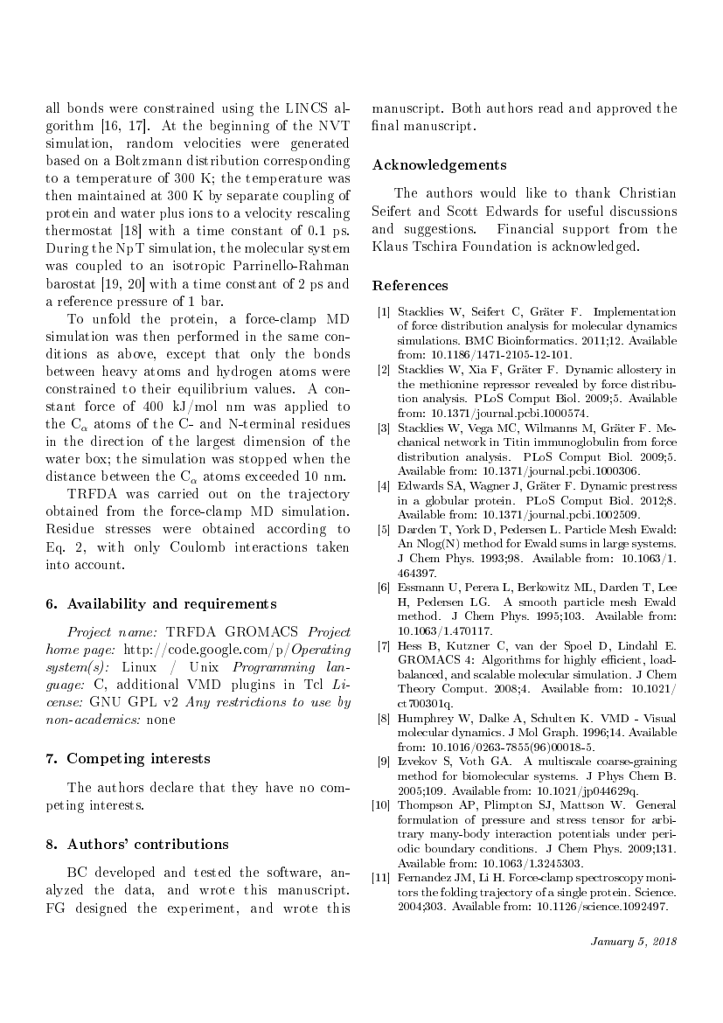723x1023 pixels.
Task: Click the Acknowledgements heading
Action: pos(439,164)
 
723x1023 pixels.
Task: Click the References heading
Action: pos(410,285)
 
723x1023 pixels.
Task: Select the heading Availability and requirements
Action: pos(161,603)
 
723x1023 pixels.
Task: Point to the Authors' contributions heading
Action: pos(136,844)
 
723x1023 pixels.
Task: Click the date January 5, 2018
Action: pos(633,942)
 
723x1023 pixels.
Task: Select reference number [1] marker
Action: pos(384,312)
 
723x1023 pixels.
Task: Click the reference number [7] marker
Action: pos(384,646)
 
